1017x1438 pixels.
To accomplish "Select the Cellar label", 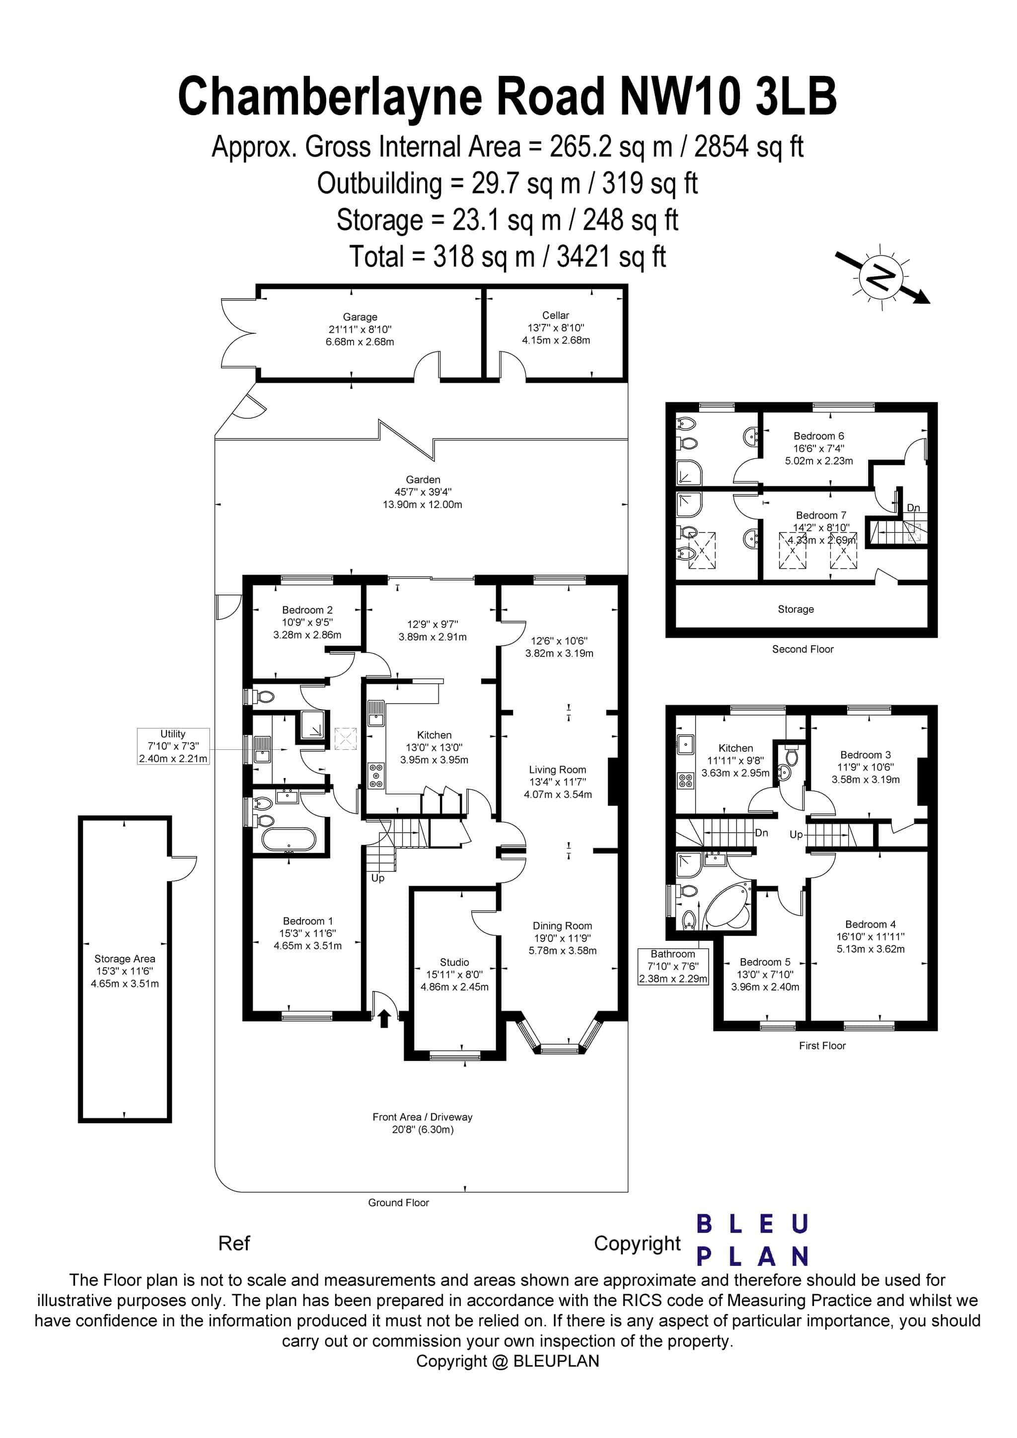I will (x=555, y=316).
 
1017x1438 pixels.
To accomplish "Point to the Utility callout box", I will (x=173, y=746).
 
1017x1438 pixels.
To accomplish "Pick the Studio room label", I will (x=454, y=962).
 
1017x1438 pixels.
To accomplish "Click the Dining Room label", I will (x=562, y=926).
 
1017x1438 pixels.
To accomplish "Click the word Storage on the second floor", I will (x=795, y=609).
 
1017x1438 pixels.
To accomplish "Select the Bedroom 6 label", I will (x=818, y=436).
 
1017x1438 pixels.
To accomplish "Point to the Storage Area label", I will (x=125, y=958).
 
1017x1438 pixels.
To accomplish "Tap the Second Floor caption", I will (x=802, y=649).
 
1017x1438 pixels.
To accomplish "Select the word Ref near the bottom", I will (x=234, y=1243).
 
